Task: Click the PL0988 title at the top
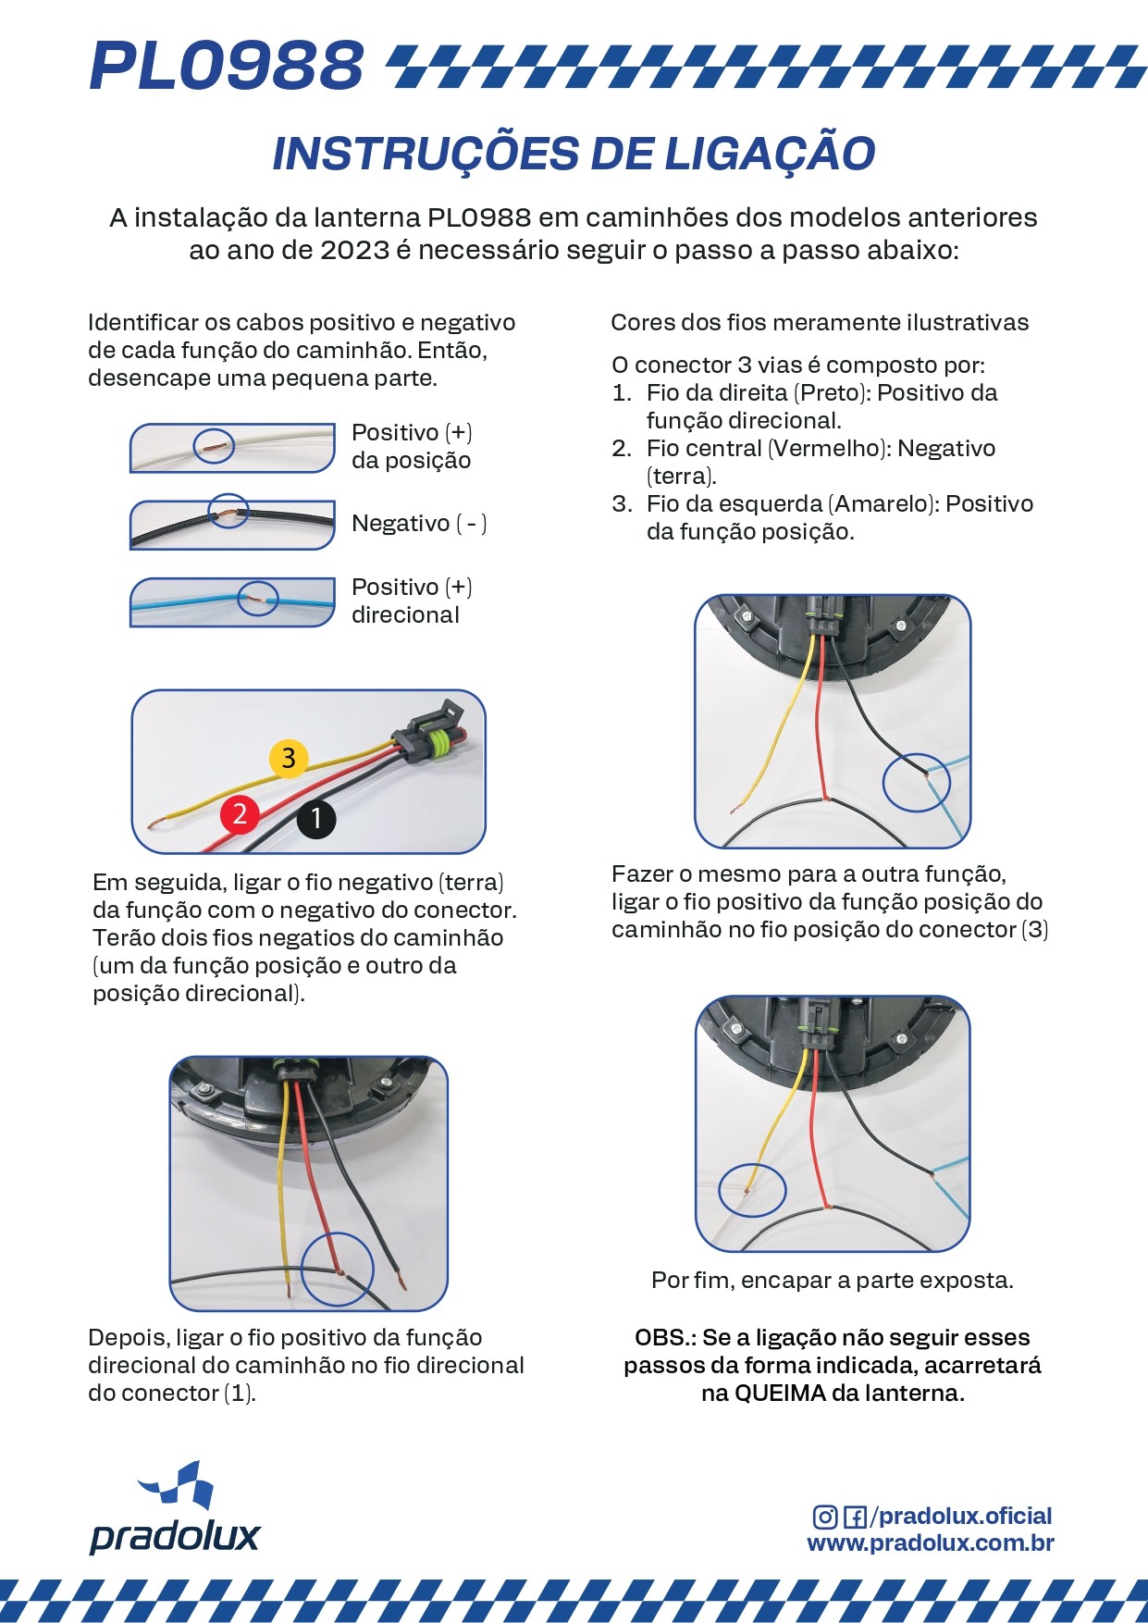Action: click(x=227, y=67)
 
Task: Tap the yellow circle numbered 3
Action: click(x=289, y=758)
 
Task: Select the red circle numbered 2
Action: click(x=240, y=814)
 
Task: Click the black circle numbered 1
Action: click(x=315, y=818)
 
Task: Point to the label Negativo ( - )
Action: click(x=419, y=524)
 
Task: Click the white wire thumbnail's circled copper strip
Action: click(x=214, y=446)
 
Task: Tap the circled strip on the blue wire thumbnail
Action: click(x=259, y=600)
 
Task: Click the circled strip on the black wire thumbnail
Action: click(x=228, y=512)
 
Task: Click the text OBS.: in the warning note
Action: click(x=665, y=1337)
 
